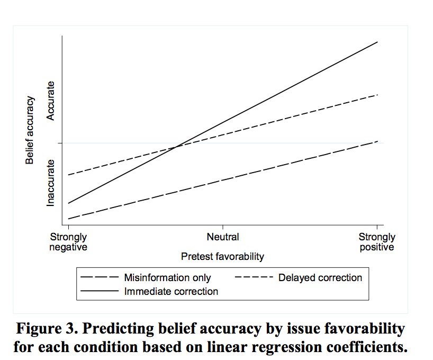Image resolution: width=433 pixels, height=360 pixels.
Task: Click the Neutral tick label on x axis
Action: (x=222, y=237)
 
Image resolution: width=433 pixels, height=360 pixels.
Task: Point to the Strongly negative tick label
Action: (x=68, y=242)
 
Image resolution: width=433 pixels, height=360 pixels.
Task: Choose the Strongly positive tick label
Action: (x=377, y=242)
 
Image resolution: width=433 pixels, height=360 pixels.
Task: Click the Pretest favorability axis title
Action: (x=222, y=257)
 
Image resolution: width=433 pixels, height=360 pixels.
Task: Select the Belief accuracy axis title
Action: (x=31, y=130)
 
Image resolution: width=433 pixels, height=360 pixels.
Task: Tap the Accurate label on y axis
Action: (x=51, y=100)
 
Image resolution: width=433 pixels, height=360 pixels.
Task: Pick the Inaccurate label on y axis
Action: (x=51, y=183)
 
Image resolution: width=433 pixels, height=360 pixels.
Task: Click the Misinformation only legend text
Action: (x=167, y=278)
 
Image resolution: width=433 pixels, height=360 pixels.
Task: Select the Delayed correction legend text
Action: (x=320, y=278)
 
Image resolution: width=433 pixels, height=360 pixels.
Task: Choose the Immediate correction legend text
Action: (x=171, y=291)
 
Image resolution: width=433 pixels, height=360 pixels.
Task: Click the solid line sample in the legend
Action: (x=99, y=291)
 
